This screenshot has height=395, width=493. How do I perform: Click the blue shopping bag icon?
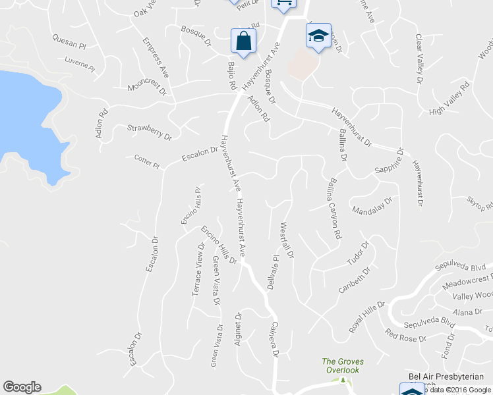243,41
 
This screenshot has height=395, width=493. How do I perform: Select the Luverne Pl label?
80,64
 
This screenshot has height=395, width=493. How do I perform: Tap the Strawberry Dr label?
149,132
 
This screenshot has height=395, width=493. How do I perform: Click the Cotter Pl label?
147,161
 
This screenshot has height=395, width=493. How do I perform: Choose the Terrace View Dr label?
198,269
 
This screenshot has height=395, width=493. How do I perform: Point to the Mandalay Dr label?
372,206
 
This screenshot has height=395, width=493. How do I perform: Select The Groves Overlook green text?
342,365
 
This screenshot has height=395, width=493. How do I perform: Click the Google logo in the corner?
22,387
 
